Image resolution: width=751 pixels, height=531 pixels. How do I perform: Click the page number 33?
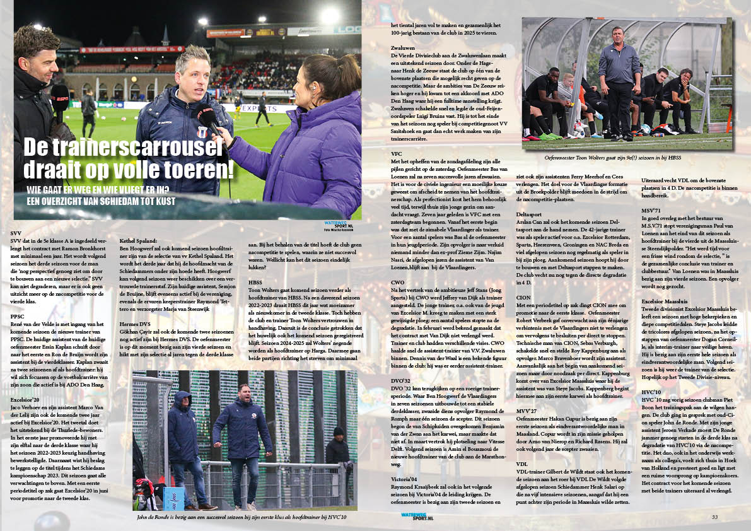tap(733, 517)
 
